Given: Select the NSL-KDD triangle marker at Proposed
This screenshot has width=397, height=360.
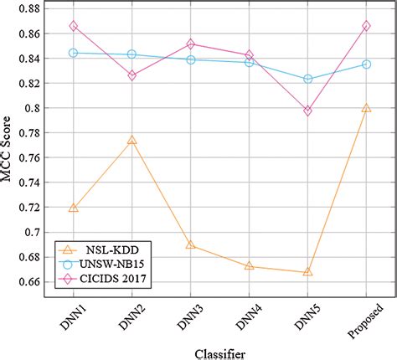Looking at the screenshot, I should pos(366,108).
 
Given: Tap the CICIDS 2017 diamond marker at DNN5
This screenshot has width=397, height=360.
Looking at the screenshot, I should pos(307,111).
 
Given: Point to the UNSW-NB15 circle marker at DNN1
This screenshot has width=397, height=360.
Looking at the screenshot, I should pos(74,53).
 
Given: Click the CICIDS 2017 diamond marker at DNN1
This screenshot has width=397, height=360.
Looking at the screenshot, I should pos(74,27).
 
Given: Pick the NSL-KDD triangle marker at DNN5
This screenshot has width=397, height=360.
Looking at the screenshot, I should pos(307,271).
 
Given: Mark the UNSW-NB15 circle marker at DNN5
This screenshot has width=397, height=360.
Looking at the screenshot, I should pos(307,79).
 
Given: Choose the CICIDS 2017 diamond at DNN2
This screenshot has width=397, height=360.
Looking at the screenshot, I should pos(131,75).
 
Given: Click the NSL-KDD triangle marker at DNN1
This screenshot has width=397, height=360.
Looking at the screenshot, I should pos(74,208).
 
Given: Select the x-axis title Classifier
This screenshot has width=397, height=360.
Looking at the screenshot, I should pos(218,353).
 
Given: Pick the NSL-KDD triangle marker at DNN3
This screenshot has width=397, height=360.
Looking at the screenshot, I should pos(190,244).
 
